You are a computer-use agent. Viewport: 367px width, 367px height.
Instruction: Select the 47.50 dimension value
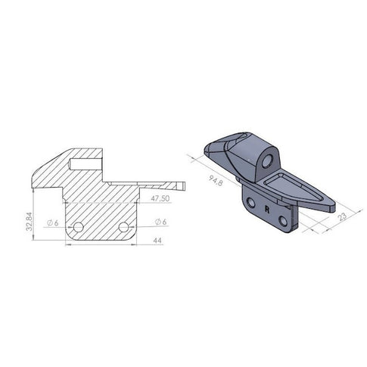pyautogui.click(x=160, y=198)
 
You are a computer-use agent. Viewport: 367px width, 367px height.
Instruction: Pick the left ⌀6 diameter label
pyautogui.click(x=53, y=222)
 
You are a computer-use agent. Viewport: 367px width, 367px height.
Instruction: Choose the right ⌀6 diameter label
pyautogui.click(x=160, y=222)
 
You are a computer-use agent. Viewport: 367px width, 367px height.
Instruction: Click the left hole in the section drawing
pyautogui.click(x=79, y=227)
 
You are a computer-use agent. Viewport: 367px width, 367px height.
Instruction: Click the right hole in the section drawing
pyautogui.click(x=123, y=227)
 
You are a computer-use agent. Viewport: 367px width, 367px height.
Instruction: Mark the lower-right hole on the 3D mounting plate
pyautogui.click(x=283, y=220)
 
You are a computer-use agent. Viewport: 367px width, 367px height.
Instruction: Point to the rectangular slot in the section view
pyautogui.click(x=83, y=162)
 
